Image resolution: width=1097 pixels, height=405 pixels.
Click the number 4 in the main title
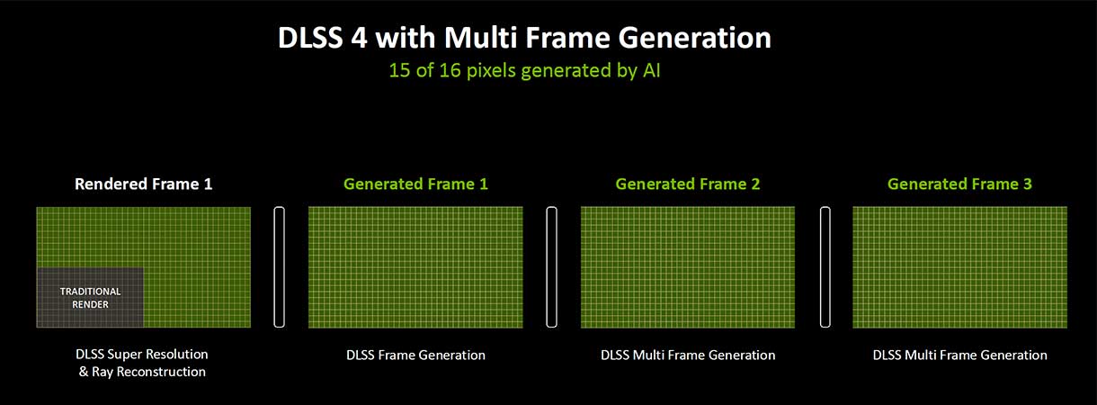(x=359, y=38)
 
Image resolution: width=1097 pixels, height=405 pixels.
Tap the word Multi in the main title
(x=479, y=38)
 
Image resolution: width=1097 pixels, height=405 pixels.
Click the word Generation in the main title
(x=694, y=38)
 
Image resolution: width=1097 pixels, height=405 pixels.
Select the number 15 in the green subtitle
(x=399, y=70)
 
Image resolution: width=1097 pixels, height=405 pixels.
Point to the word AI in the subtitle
(x=651, y=70)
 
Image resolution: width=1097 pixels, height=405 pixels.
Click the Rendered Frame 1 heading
(x=144, y=184)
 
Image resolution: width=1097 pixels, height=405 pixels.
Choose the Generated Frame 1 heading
(x=415, y=184)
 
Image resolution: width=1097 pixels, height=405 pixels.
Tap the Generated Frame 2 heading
(x=688, y=184)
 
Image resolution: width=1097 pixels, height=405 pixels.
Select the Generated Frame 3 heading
(x=959, y=184)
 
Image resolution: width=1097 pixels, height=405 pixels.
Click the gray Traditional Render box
(x=90, y=297)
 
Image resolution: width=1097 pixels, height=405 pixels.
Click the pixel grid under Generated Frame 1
(x=415, y=267)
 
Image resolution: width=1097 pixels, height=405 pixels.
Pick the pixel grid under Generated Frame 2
(x=688, y=267)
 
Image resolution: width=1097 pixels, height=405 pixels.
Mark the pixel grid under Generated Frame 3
(x=960, y=267)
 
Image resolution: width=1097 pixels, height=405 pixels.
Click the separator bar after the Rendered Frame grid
(x=279, y=267)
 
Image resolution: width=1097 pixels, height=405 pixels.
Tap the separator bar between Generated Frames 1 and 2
(x=551, y=267)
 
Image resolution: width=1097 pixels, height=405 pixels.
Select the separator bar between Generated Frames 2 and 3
(x=825, y=267)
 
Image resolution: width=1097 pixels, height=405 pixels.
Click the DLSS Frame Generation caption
(x=415, y=355)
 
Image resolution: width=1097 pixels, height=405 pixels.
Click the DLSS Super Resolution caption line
(x=142, y=355)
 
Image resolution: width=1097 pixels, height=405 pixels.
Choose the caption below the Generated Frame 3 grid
(x=960, y=355)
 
